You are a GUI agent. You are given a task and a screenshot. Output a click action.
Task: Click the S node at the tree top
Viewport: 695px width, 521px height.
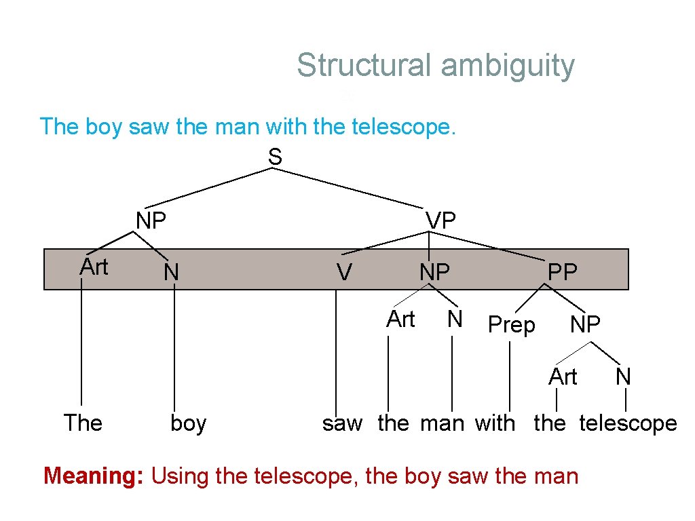[274, 157]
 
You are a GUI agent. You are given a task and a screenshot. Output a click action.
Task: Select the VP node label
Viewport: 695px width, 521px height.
[440, 220]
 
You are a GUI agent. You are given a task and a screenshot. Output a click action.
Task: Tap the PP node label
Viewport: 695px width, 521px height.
[562, 272]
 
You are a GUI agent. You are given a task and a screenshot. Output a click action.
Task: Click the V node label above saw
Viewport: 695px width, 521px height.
[344, 273]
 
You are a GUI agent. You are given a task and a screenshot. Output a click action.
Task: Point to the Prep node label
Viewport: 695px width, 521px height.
[511, 326]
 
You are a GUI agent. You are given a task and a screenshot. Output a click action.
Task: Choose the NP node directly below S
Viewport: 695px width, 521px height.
[151, 220]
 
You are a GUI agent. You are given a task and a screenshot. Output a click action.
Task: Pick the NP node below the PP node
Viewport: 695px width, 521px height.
[585, 325]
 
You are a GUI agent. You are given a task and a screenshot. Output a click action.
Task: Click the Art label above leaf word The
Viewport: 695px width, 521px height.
[94, 267]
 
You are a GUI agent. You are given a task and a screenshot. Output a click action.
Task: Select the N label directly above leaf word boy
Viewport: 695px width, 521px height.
[171, 273]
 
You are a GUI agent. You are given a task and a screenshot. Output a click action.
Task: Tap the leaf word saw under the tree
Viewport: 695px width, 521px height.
[342, 423]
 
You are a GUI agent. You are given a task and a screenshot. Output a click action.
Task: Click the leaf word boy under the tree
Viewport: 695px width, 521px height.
[188, 423]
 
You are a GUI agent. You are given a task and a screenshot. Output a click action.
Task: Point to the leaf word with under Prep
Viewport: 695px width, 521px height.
[495, 423]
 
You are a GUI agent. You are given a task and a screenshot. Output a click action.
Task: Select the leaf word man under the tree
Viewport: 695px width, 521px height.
[442, 423]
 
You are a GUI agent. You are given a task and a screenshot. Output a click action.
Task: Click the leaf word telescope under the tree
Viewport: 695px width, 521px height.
[628, 423]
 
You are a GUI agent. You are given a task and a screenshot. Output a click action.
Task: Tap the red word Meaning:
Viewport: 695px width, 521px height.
[94, 476]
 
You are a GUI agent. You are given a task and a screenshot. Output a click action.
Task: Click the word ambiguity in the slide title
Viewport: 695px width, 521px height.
[507, 66]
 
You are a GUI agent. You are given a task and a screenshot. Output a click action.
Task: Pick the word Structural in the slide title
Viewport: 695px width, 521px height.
[363, 66]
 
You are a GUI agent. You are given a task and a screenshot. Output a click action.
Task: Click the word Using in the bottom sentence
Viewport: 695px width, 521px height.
[179, 476]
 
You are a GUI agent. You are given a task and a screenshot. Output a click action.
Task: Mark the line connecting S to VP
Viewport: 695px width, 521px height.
[350, 188]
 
